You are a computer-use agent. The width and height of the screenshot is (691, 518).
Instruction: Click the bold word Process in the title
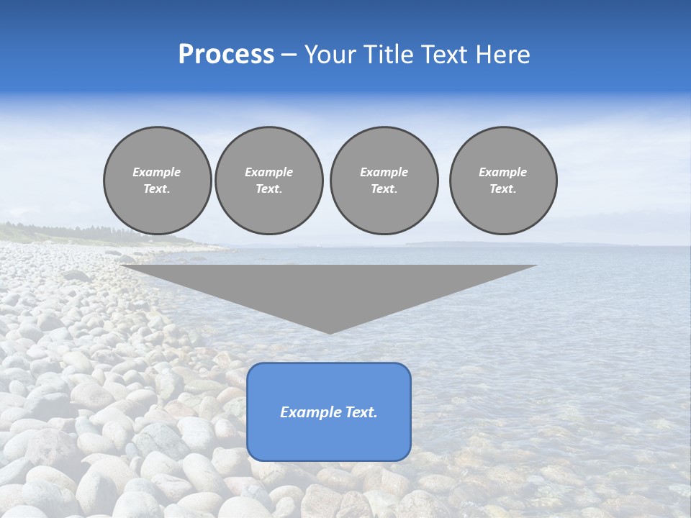click(x=226, y=55)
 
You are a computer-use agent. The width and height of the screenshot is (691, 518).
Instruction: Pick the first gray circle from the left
click(x=158, y=181)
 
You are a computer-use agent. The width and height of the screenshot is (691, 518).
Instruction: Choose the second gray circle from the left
click(x=269, y=181)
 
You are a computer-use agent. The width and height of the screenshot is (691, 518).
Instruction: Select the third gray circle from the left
click(x=384, y=181)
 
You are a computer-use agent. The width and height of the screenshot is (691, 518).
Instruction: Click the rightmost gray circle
click(x=503, y=181)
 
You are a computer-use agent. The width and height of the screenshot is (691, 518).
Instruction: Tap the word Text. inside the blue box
click(x=361, y=412)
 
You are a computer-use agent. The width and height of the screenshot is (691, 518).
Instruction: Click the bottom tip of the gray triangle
click(x=330, y=332)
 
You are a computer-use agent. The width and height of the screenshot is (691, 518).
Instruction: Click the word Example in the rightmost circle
click(x=503, y=172)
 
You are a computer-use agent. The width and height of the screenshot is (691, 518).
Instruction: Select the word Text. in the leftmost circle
click(x=157, y=189)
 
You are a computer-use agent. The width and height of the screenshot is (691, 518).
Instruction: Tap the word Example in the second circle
click(x=269, y=172)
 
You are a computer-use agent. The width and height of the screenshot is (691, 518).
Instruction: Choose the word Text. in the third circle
click(x=384, y=189)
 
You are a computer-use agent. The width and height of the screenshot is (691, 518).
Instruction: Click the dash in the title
click(x=289, y=55)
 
